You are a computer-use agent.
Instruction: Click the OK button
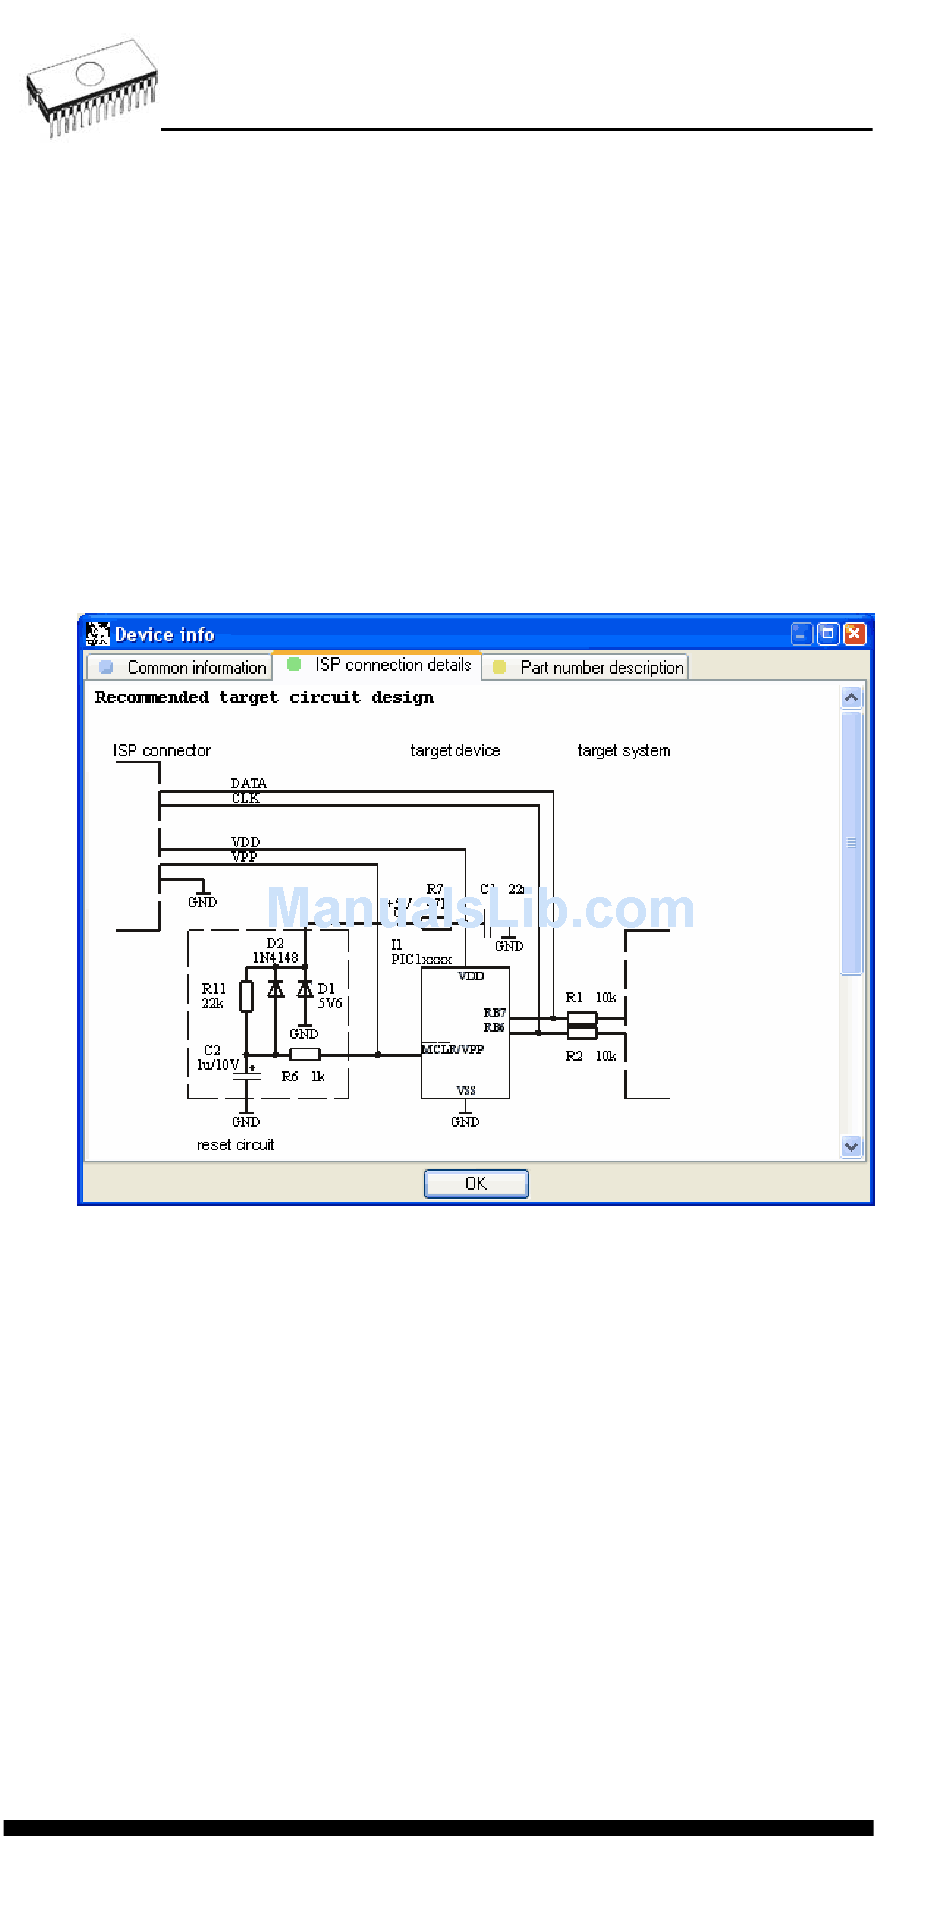click(x=476, y=1183)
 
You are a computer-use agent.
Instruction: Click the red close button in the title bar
click(x=854, y=634)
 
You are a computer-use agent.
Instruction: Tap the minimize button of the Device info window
click(x=801, y=634)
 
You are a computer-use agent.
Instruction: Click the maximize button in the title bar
click(x=827, y=634)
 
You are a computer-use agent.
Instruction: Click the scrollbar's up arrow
click(x=851, y=698)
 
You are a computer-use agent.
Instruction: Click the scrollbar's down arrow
click(x=851, y=1146)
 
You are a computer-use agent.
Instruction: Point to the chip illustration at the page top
click(x=93, y=88)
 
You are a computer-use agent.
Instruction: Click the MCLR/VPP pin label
click(x=453, y=1049)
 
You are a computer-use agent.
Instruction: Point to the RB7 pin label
click(x=494, y=1013)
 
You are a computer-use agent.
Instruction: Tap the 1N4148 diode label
click(x=275, y=958)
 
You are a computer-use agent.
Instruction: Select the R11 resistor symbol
click(x=246, y=996)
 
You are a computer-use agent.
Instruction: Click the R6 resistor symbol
click(x=304, y=1054)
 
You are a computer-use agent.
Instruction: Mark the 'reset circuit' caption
click(x=236, y=1145)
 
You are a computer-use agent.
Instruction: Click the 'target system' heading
click(x=623, y=750)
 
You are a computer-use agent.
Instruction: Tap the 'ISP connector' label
click(x=162, y=750)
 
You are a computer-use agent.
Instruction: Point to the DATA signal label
click(x=248, y=783)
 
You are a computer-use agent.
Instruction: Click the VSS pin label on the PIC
click(x=466, y=1090)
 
